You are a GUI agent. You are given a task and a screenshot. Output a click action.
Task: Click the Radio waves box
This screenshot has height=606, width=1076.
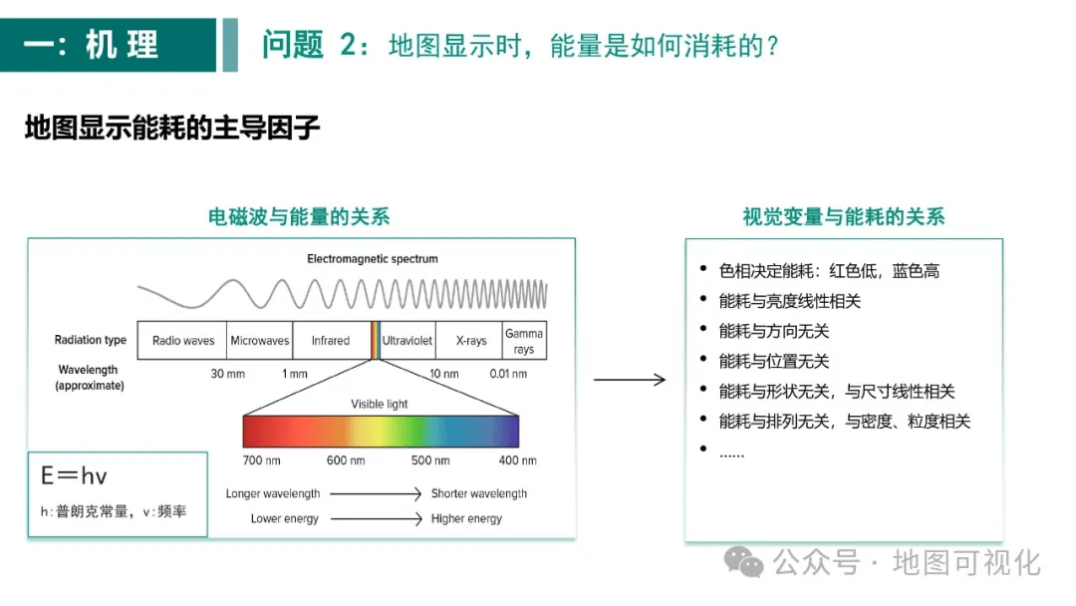click(182, 340)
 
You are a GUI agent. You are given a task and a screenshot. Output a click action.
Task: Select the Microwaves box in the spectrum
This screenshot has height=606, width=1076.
click(260, 340)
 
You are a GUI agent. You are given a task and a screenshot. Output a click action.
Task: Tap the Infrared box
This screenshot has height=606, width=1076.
click(331, 340)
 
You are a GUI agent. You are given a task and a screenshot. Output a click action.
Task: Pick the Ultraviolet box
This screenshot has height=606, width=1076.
click(407, 340)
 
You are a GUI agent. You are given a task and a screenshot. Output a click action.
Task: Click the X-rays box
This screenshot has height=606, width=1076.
click(471, 340)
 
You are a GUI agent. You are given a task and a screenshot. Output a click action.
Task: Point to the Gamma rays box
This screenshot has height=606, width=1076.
click(524, 341)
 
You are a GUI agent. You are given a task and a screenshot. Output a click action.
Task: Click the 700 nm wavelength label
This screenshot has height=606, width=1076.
click(261, 460)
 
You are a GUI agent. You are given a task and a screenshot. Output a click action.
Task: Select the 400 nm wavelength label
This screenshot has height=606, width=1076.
click(517, 460)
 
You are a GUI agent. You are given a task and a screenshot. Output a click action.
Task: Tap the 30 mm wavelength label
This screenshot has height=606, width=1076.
click(227, 374)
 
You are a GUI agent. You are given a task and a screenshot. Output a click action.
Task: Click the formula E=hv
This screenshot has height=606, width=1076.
click(74, 476)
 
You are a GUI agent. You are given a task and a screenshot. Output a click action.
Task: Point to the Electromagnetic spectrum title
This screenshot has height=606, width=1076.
click(372, 259)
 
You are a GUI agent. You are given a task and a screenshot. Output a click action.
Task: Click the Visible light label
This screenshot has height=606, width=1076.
click(379, 404)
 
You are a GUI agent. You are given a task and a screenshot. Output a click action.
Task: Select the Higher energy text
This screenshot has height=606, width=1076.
click(466, 518)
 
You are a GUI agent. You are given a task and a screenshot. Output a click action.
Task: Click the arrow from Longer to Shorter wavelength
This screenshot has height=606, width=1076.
click(376, 493)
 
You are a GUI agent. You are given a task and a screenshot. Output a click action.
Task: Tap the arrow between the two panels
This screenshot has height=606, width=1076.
click(630, 379)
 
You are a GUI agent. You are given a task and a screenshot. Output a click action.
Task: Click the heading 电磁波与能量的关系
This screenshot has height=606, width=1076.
click(299, 216)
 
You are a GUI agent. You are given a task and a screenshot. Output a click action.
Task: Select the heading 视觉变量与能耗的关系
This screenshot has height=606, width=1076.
click(843, 216)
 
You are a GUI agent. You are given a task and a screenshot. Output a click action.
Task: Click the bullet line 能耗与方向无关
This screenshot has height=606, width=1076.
click(774, 331)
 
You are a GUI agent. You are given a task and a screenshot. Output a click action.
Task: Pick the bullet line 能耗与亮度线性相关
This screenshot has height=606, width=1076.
click(789, 301)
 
